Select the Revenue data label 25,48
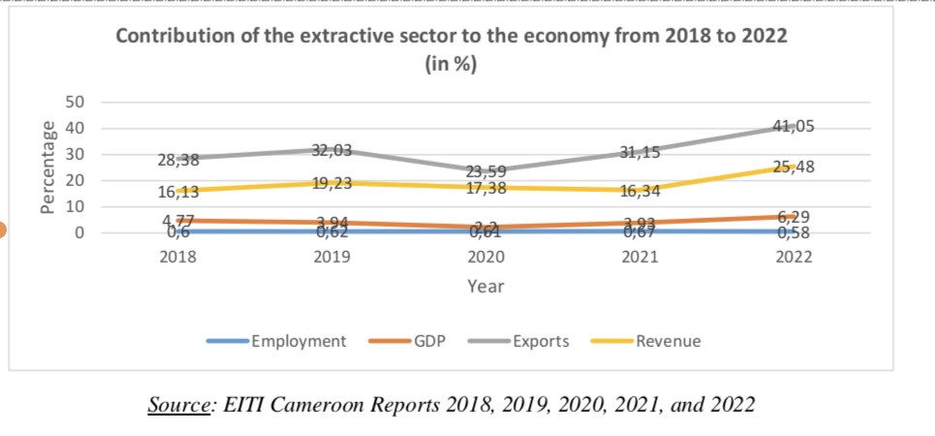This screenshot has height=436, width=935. coord(793,167)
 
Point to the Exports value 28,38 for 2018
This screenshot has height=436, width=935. coord(178,161)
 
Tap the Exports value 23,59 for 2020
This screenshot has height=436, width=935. coord(485,173)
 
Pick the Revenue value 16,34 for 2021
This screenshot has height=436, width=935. coord(639,191)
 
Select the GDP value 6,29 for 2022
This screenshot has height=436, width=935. coord(793,218)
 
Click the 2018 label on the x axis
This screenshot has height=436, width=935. coord(178,258)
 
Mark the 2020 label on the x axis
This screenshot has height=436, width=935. coord(485,258)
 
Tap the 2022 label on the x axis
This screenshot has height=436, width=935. coord(793,258)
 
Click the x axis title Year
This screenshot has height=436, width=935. coord(485,286)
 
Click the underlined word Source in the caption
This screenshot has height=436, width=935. coord(179,404)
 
